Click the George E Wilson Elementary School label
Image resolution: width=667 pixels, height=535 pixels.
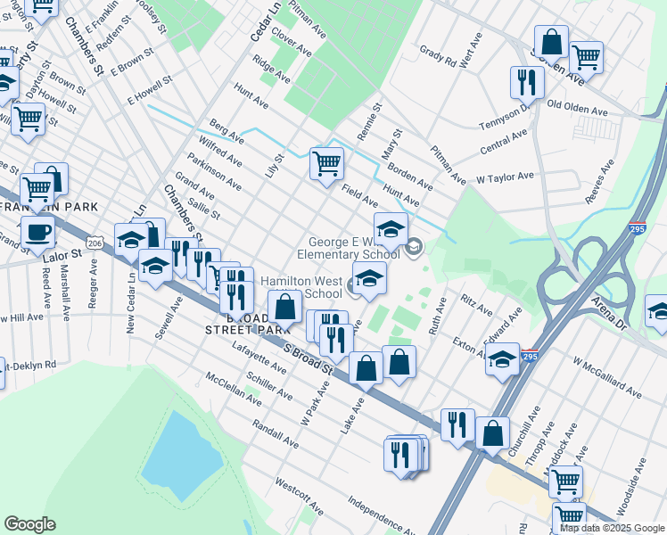354,248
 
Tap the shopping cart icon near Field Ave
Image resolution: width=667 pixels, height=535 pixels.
327,163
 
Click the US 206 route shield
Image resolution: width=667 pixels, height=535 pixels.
96,243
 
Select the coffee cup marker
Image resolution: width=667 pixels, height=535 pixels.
37,232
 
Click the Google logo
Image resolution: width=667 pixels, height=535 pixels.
30,524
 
